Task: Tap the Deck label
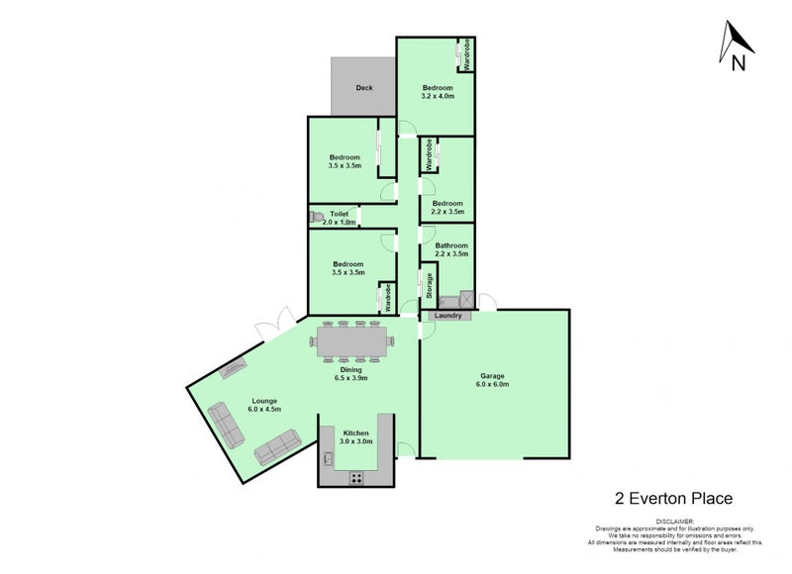[x=364, y=88]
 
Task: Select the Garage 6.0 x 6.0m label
[x=493, y=380]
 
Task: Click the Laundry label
[x=447, y=316]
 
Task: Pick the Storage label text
[x=430, y=286]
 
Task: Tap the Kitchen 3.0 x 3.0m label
[x=355, y=437]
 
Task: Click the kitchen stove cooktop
[x=354, y=478]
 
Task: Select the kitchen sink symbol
[x=327, y=458]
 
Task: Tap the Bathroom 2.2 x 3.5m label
[x=450, y=249]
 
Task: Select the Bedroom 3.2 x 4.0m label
[x=437, y=92]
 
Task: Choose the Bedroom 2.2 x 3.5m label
[x=447, y=208]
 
